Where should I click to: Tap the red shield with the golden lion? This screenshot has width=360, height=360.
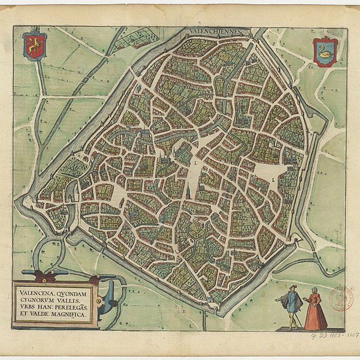pyautogui.click(x=34, y=46)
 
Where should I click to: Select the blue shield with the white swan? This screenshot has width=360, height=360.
pyautogui.click(x=325, y=52)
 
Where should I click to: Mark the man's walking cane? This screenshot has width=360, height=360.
pyautogui.click(x=297, y=319)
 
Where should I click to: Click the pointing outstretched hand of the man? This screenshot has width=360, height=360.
pyautogui.click(x=277, y=299)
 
